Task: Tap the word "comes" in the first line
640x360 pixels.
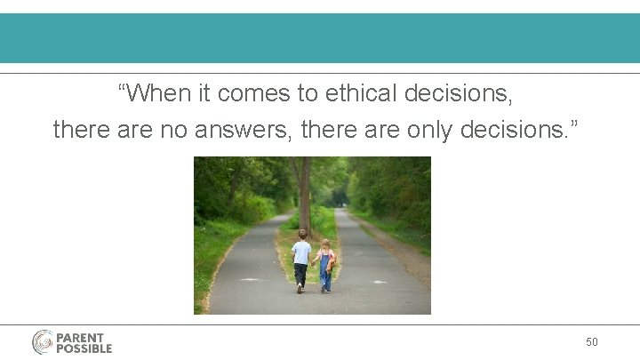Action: (x=248, y=92)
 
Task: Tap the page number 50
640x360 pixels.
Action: (x=592, y=342)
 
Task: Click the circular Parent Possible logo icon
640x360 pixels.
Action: (x=44, y=342)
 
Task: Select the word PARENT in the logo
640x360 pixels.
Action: (x=80, y=337)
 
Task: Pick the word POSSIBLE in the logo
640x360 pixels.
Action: (x=84, y=348)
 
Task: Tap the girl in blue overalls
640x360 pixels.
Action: (x=326, y=266)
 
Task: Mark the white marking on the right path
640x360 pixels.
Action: (x=380, y=282)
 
